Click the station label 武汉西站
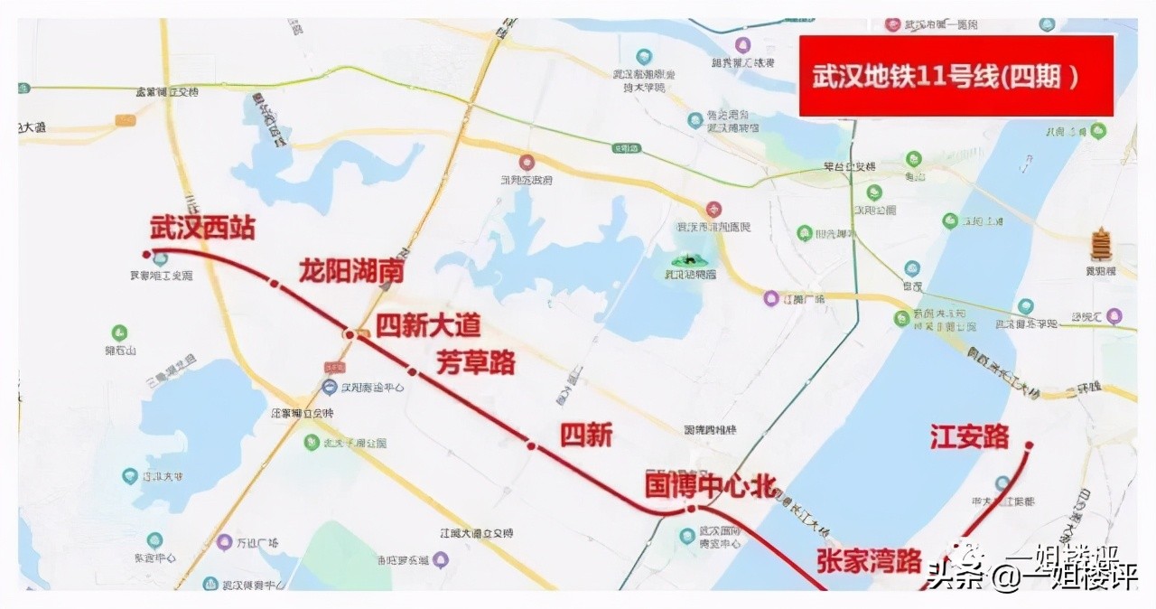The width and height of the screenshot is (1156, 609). click(202, 228)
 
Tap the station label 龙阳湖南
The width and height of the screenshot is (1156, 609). click(351, 271)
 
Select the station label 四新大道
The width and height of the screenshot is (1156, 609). click(428, 325)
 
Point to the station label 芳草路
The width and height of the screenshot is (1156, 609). click(476, 362)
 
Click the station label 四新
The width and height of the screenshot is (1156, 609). click(586, 436)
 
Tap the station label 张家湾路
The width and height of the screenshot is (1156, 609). click(869, 560)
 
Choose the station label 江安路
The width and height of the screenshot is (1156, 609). click(969, 438)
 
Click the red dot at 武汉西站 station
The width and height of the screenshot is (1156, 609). click(147, 254)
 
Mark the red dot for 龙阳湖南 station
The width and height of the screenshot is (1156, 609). click(275, 286)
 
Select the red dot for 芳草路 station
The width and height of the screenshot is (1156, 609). click(412, 371)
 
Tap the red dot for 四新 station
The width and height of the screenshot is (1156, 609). click(531, 445)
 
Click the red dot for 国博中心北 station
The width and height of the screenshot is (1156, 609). click(691, 509)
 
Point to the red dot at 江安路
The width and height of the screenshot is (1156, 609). click(1029, 445)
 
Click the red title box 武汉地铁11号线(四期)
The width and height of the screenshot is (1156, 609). click(956, 76)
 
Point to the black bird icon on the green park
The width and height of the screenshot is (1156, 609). click(693, 258)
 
